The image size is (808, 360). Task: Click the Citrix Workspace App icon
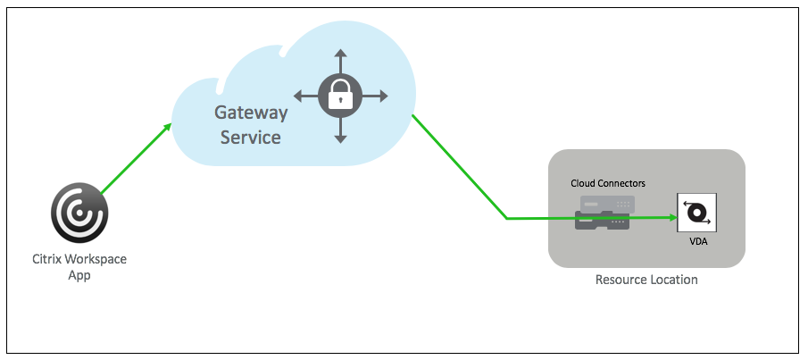pyautogui.click(x=80, y=214)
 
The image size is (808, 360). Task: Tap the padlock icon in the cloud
pyautogui.click(x=340, y=96)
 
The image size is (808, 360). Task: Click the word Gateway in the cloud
pyautogui.click(x=251, y=113)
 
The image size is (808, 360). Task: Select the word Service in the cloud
pyautogui.click(x=251, y=138)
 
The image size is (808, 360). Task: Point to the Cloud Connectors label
pyautogui.click(x=608, y=183)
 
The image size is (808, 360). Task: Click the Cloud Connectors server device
pyautogui.click(x=604, y=213)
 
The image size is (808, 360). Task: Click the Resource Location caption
pyautogui.click(x=646, y=280)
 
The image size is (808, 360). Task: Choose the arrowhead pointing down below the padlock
pyautogui.click(x=340, y=138)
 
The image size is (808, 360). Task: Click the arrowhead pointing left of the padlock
pyautogui.click(x=298, y=96)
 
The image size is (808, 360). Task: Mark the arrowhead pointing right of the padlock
pyautogui.click(x=382, y=96)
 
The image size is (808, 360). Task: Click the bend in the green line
pyautogui.click(x=507, y=217)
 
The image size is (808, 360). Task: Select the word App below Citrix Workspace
pyautogui.click(x=80, y=275)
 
